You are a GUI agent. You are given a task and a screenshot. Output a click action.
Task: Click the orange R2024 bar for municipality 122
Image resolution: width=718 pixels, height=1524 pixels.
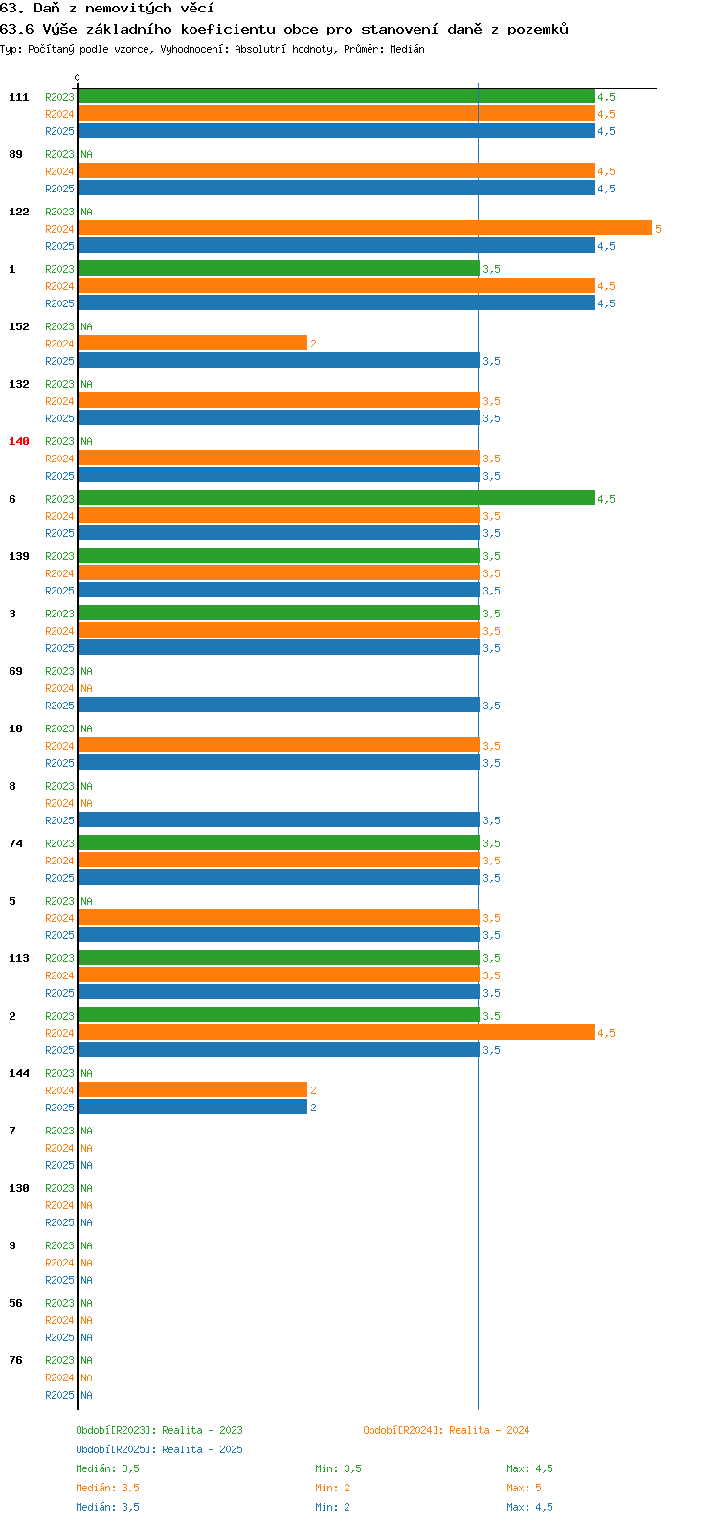tap(365, 229)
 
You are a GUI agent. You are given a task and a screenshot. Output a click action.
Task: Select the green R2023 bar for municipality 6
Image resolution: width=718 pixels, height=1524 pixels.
tap(336, 499)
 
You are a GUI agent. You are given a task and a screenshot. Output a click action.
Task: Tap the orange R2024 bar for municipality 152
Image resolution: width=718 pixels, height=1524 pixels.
tap(192, 344)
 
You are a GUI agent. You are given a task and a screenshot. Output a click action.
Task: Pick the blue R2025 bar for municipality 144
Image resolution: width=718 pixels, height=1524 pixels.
tap(192, 1108)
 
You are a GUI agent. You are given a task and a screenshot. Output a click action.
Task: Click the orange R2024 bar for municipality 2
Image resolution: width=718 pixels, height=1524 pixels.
tap(336, 1033)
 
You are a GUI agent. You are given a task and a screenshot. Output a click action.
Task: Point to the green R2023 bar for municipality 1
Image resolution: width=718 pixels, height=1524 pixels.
tap(279, 269)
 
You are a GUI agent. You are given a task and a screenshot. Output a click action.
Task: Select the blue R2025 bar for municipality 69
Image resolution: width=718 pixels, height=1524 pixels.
tap(279, 706)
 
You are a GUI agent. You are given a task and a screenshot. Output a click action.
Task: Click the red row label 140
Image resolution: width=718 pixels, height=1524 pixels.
tap(19, 441)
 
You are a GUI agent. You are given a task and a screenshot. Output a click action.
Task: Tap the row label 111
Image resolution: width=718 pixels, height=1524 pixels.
tap(19, 97)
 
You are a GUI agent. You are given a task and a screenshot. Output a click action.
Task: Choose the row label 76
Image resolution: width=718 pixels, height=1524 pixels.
tap(15, 1360)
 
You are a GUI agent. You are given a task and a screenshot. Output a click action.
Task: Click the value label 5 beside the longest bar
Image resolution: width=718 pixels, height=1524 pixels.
tap(658, 230)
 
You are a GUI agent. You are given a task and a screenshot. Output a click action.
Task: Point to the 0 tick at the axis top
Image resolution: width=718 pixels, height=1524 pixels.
tap(77, 78)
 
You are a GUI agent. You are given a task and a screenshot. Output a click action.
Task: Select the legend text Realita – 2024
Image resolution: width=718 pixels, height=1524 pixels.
tap(489, 1430)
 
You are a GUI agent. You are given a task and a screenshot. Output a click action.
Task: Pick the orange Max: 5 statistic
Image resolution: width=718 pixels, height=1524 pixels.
tap(524, 1488)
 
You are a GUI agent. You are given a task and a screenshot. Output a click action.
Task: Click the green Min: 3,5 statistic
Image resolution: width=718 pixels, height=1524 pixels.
tap(338, 1468)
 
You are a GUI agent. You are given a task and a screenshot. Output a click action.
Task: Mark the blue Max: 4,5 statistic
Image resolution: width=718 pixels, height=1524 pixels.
tap(529, 1507)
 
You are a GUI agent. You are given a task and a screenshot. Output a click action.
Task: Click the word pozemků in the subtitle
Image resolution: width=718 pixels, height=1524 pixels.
tap(538, 29)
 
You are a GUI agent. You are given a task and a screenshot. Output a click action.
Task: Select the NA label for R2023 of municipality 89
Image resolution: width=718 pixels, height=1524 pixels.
tap(86, 154)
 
